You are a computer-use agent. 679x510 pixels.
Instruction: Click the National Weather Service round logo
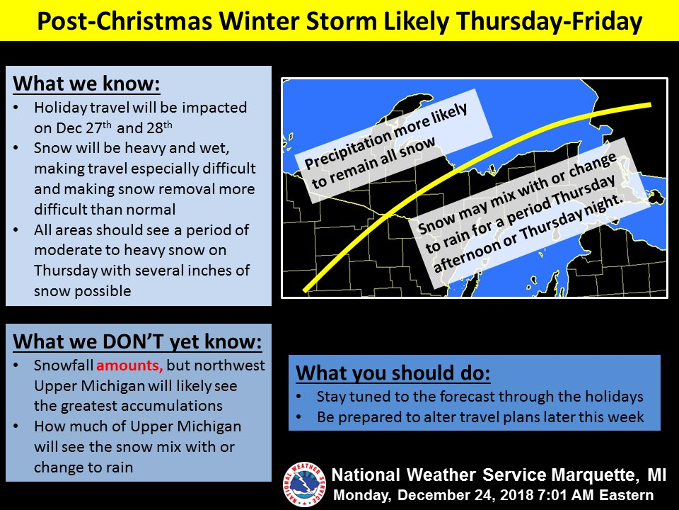[304, 484]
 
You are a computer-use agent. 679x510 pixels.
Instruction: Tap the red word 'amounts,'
[129, 365]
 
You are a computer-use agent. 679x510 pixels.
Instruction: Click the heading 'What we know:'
[86, 84]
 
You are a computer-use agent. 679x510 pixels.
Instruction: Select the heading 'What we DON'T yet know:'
[137, 341]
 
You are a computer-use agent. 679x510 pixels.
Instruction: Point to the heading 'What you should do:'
[393, 373]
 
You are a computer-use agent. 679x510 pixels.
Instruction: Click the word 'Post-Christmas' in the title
[125, 21]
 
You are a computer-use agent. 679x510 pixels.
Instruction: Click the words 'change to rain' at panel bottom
[83, 467]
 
